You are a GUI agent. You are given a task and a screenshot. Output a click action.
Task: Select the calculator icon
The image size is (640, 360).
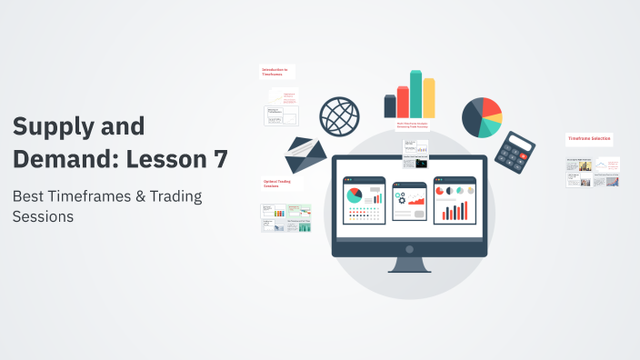click(x=519, y=152)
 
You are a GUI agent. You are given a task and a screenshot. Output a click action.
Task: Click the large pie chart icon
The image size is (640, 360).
click(x=482, y=117)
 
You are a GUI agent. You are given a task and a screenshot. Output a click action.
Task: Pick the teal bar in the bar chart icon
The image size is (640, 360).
click(x=415, y=94)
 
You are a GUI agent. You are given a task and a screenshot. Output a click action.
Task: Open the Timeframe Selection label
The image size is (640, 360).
click(x=589, y=139)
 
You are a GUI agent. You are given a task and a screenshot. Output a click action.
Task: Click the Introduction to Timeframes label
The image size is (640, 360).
click(x=275, y=71)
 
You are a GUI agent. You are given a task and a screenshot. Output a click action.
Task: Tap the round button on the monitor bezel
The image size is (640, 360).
click(x=409, y=248)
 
